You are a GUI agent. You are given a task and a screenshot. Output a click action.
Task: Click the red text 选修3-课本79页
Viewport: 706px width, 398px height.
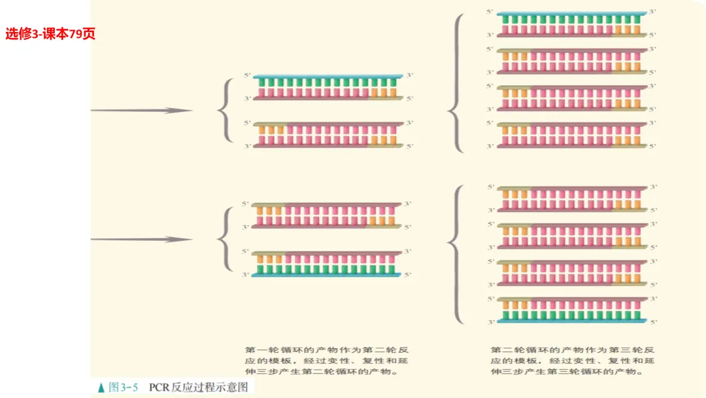tap(50, 34)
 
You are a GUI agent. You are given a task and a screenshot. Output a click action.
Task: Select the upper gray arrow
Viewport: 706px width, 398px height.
tap(140, 111)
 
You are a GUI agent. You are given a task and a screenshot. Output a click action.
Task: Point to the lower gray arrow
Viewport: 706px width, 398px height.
tap(140, 240)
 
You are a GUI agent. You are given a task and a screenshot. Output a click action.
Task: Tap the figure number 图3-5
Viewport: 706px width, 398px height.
tap(123, 388)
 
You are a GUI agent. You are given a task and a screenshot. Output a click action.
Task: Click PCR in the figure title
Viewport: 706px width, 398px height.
tap(160, 388)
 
